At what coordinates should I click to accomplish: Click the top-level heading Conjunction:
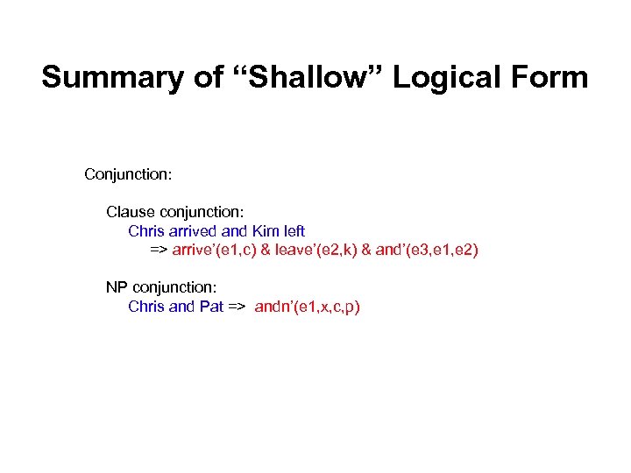pyautogui.click(x=128, y=174)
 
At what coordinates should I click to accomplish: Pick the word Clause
pyautogui.click(x=129, y=212)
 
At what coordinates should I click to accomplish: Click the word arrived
pyautogui.click(x=193, y=231)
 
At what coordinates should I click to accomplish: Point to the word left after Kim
pyautogui.click(x=293, y=231)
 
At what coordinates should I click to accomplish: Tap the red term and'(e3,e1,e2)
pyautogui.click(x=427, y=250)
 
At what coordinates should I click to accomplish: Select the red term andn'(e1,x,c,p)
pyautogui.click(x=308, y=307)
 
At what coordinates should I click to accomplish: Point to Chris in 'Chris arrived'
pyautogui.click(x=145, y=231)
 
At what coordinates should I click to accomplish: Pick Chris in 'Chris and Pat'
pyautogui.click(x=145, y=307)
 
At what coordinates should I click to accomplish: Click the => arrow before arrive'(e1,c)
pyautogui.click(x=159, y=250)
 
